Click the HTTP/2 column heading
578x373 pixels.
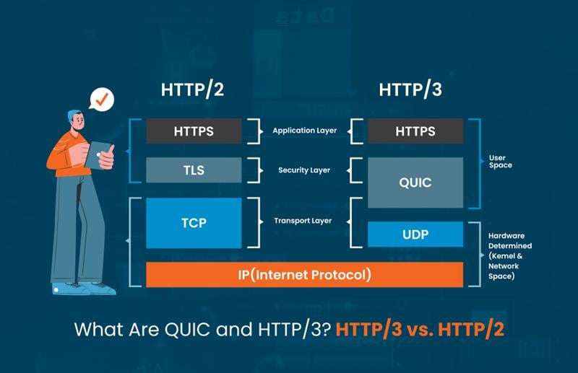tap(193, 91)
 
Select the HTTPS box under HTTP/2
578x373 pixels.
tap(193, 131)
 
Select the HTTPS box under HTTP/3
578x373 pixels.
tap(415, 131)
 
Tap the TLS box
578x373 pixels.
tap(193, 170)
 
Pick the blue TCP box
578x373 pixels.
tap(193, 222)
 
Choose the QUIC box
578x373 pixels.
tap(415, 183)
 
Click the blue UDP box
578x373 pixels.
tap(415, 234)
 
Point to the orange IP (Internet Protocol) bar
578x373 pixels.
tap(304, 274)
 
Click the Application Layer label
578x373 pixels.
tap(304, 131)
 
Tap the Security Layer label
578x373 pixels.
tap(304, 170)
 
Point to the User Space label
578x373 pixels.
tap(500, 161)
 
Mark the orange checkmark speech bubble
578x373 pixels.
tap(102, 98)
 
